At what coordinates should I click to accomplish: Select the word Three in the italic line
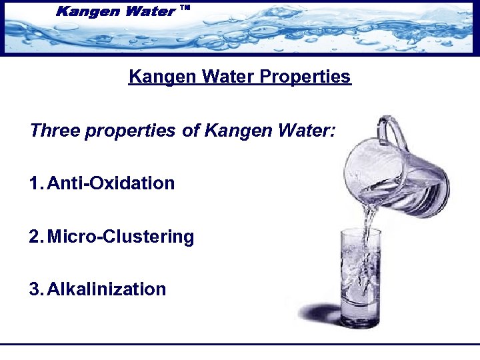[x=54, y=130]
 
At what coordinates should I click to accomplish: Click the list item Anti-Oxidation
[x=111, y=183]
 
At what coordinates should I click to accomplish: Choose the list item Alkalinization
[x=107, y=289]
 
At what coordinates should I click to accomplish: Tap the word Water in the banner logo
[x=148, y=11]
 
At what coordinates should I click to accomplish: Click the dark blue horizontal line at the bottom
[x=240, y=344]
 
